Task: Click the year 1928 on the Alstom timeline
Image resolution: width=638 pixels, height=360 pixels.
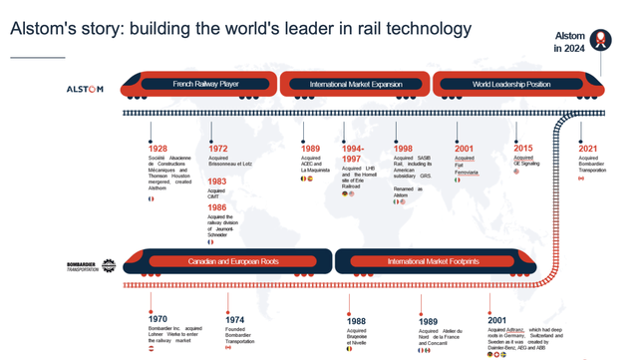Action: coord(158,149)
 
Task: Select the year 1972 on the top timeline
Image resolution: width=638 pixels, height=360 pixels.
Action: coord(217,149)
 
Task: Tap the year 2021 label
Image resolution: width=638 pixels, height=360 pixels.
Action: coord(588,149)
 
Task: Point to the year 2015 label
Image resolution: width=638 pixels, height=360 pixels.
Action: coord(523,149)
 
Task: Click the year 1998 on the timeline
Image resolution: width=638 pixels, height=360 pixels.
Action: coord(403,149)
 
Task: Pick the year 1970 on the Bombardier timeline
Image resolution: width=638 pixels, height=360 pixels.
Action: coord(158,319)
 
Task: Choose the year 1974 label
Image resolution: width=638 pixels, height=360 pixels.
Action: coord(234,321)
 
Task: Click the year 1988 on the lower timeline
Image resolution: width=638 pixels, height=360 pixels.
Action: coord(356,322)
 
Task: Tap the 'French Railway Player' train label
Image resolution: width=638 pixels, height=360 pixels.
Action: coord(205,84)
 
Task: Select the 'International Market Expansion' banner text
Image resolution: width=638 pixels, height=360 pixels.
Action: coord(355,85)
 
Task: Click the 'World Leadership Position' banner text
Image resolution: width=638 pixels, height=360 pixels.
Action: coord(510,85)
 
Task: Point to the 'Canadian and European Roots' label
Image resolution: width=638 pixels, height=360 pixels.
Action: coord(233,262)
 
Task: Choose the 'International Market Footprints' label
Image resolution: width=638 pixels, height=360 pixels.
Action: coord(433,262)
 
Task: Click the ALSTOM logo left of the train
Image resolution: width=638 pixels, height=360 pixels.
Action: coord(85,90)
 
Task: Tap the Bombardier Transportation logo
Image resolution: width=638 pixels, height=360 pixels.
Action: coord(91,266)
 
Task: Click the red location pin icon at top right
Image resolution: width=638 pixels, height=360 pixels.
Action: coord(600,40)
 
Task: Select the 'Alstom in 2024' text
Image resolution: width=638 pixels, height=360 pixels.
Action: coord(570,42)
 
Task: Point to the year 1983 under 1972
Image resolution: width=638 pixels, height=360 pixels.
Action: coord(217,182)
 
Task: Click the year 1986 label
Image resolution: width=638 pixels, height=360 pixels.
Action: coord(217,207)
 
